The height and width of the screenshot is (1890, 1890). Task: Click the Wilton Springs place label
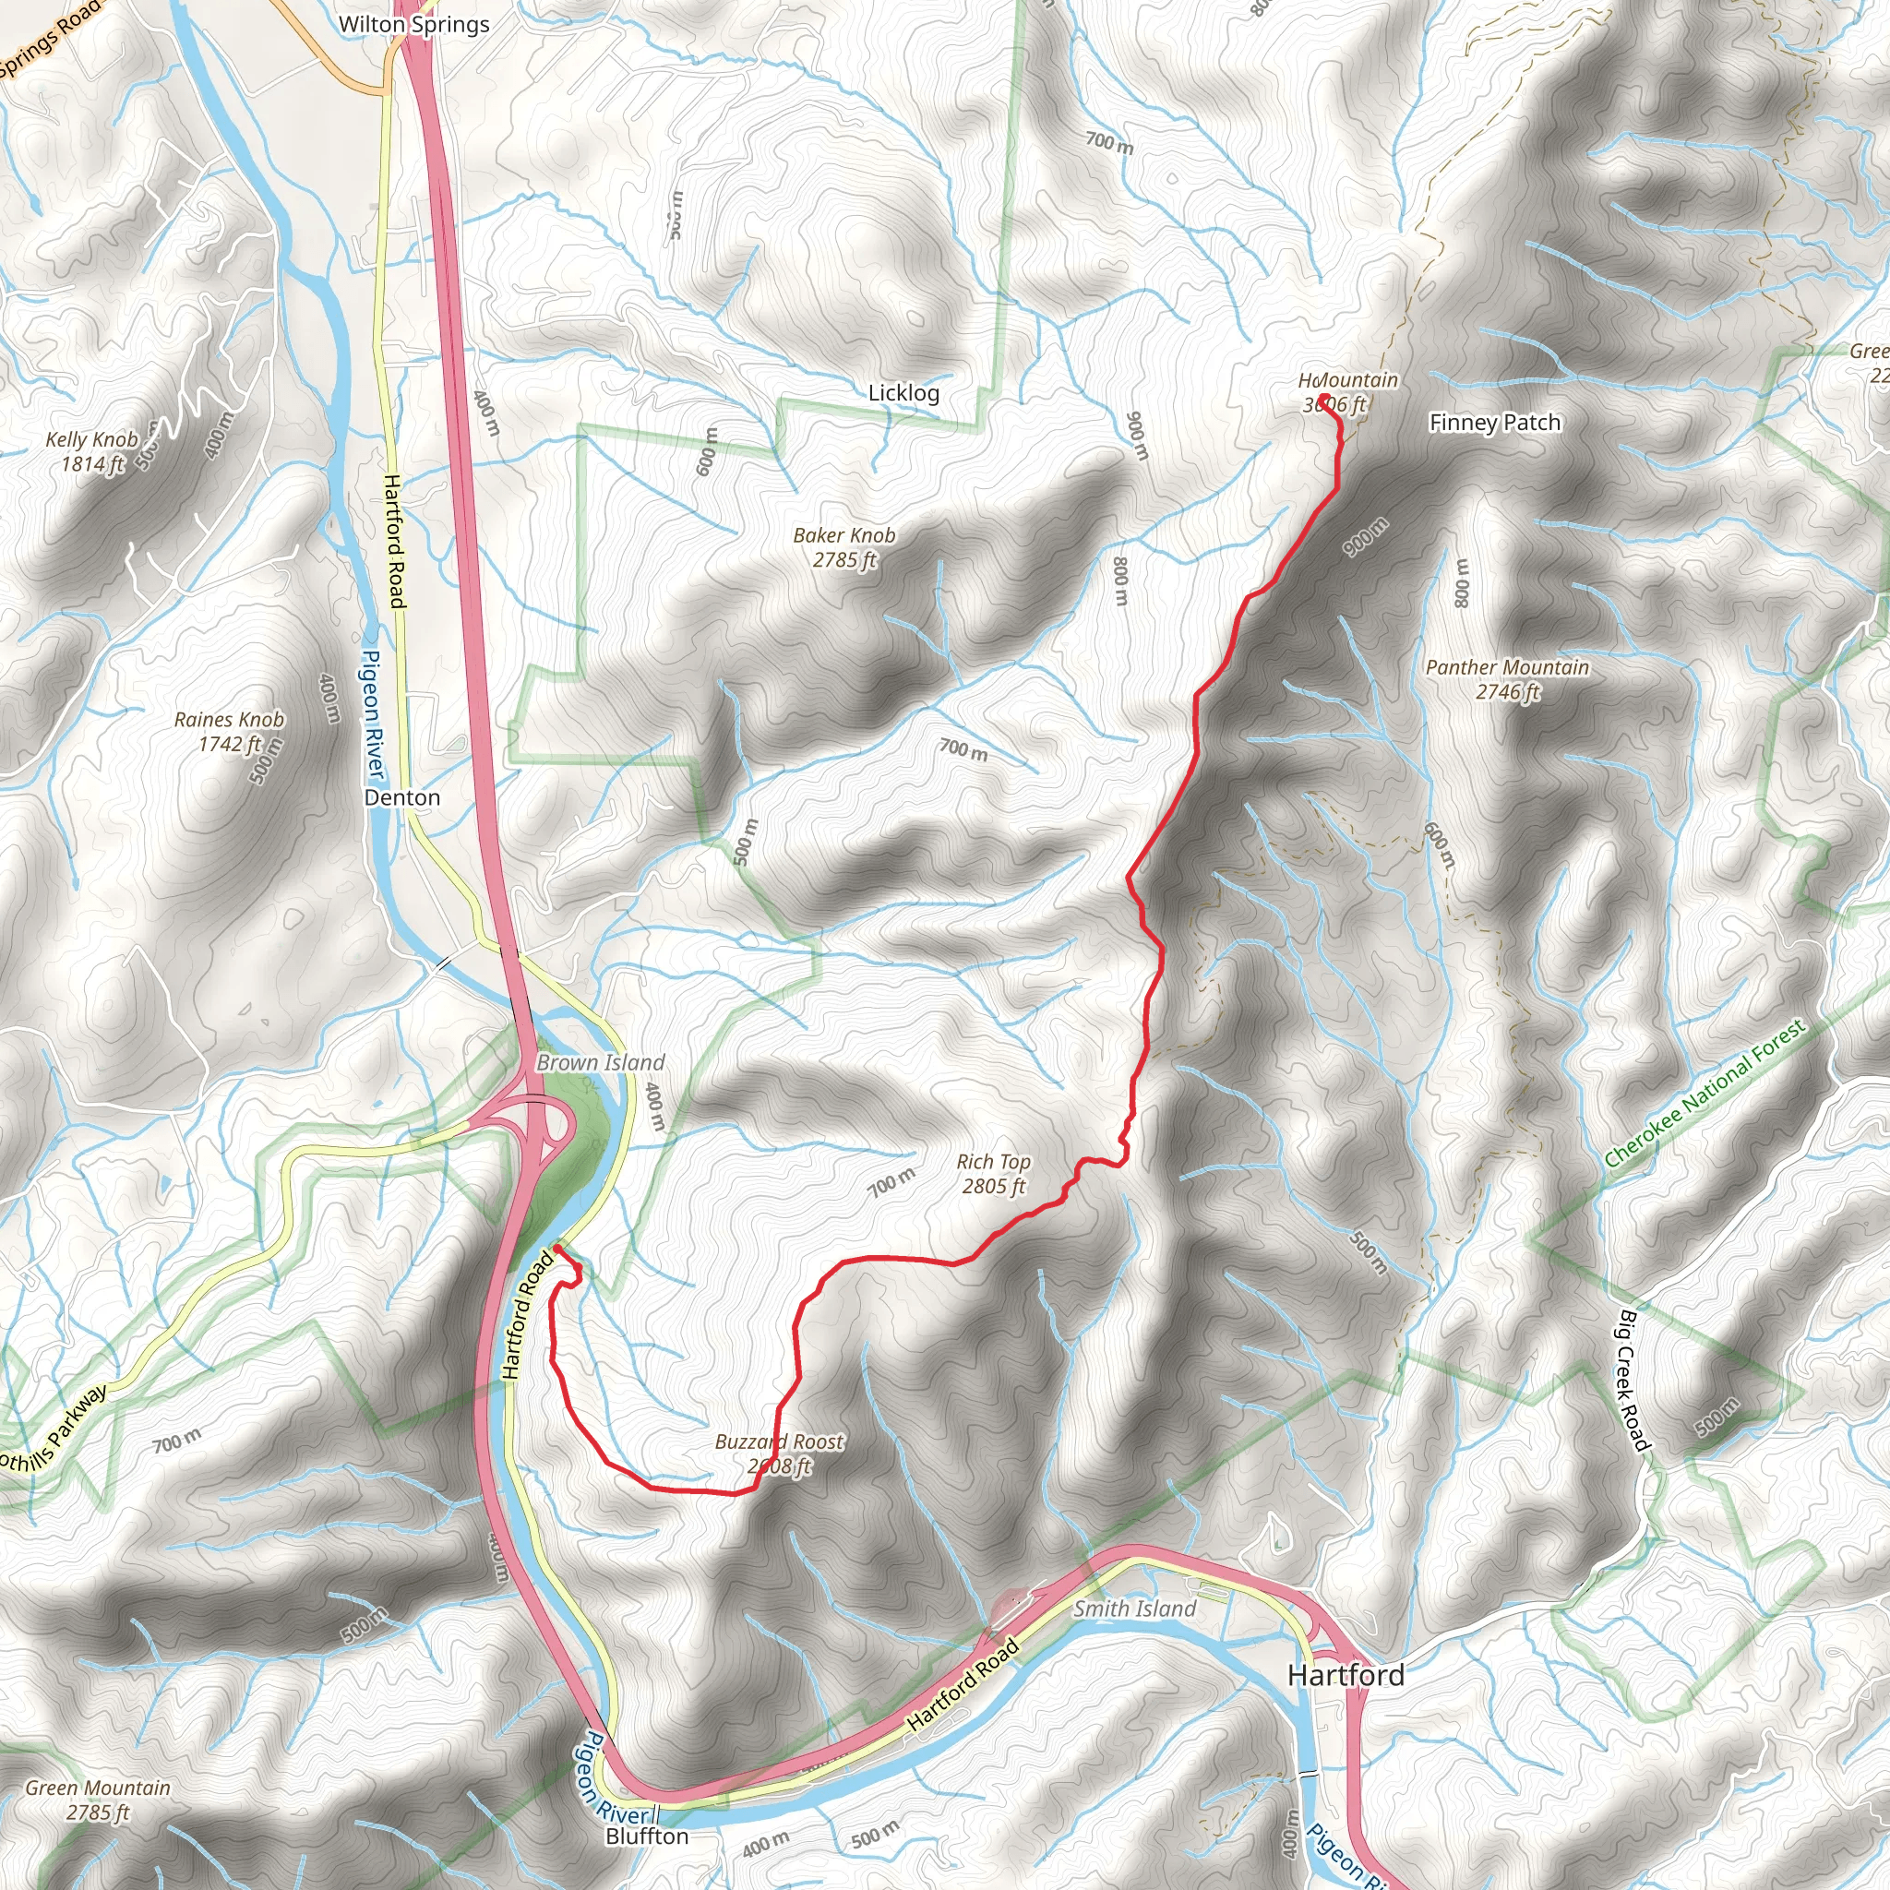click(413, 25)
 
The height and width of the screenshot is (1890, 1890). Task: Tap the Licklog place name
click(903, 393)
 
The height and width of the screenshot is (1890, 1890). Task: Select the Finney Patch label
click(1494, 423)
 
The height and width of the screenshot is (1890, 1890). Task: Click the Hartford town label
click(1346, 1675)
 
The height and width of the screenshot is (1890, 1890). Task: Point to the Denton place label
click(402, 797)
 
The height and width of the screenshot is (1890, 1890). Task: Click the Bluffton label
click(647, 1836)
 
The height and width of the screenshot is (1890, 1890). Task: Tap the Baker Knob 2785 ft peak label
click(844, 548)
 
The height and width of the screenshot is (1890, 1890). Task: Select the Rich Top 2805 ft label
click(993, 1174)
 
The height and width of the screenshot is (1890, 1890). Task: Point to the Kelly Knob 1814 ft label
click(92, 452)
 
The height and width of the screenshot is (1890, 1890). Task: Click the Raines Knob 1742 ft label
click(229, 732)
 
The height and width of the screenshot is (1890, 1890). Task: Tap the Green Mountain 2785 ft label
click(98, 1800)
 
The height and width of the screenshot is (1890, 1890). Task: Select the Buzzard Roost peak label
click(779, 1453)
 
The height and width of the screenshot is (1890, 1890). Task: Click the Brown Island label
click(600, 1062)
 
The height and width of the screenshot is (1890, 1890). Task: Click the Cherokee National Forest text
click(1705, 1094)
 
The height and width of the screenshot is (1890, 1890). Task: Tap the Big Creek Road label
click(1632, 1382)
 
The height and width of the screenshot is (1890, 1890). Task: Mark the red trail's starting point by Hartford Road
click(556, 1249)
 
